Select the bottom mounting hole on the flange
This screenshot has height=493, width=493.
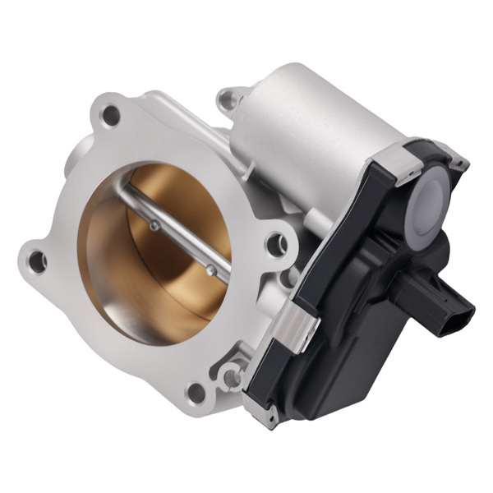196,392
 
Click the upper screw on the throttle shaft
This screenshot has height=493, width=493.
154,226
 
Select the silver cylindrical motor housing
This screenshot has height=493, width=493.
312,123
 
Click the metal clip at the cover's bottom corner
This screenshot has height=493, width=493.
269,417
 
